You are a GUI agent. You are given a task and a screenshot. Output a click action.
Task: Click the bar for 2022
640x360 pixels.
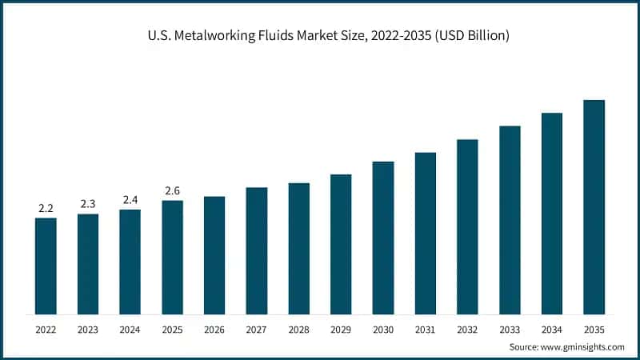46,266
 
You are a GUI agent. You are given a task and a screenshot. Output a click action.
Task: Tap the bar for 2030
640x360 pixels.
383,238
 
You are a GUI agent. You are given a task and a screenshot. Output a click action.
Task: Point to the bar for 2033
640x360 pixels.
510,219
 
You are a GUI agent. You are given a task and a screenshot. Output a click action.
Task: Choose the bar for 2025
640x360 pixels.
172,257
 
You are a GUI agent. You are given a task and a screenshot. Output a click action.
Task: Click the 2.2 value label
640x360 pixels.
46,209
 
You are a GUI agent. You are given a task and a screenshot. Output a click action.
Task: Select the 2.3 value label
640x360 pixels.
88,205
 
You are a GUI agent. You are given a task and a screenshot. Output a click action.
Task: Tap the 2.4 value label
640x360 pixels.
130,200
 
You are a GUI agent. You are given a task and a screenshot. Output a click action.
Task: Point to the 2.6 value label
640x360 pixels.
172,191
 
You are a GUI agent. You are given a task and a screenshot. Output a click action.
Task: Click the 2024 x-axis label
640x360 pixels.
130,329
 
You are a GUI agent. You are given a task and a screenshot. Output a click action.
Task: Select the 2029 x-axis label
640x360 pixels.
341,329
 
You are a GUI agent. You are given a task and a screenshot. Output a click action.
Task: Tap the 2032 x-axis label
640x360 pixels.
467,329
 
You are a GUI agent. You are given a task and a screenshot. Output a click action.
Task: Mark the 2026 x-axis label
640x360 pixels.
214,329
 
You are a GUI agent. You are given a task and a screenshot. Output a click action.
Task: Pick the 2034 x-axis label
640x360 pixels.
552,329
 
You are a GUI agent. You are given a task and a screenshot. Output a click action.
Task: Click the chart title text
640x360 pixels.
320,36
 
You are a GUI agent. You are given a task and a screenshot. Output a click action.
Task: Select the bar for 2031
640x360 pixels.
426,233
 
